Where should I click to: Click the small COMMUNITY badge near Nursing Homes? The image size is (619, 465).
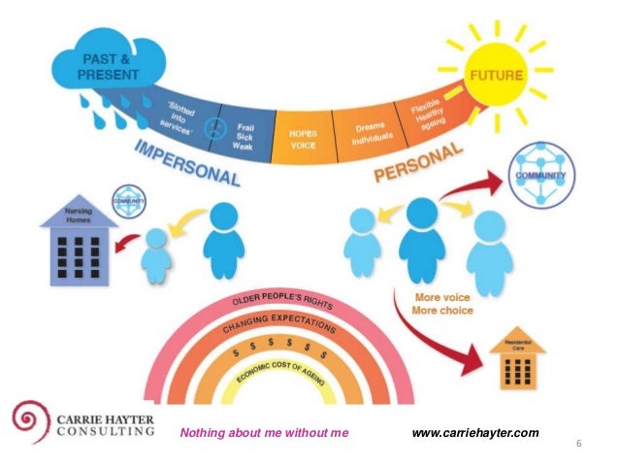pyautogui.click(x=128, y=201)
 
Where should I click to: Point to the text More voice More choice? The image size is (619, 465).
pyautogui.click(x=441, y=305)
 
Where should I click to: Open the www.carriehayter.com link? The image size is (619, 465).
pyautogui.click(x=474, y=432)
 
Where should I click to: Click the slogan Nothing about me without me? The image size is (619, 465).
pyautogui.click(x=263, y=432)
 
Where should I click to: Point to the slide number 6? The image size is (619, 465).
pyautogui.click(x=578, y=444)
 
